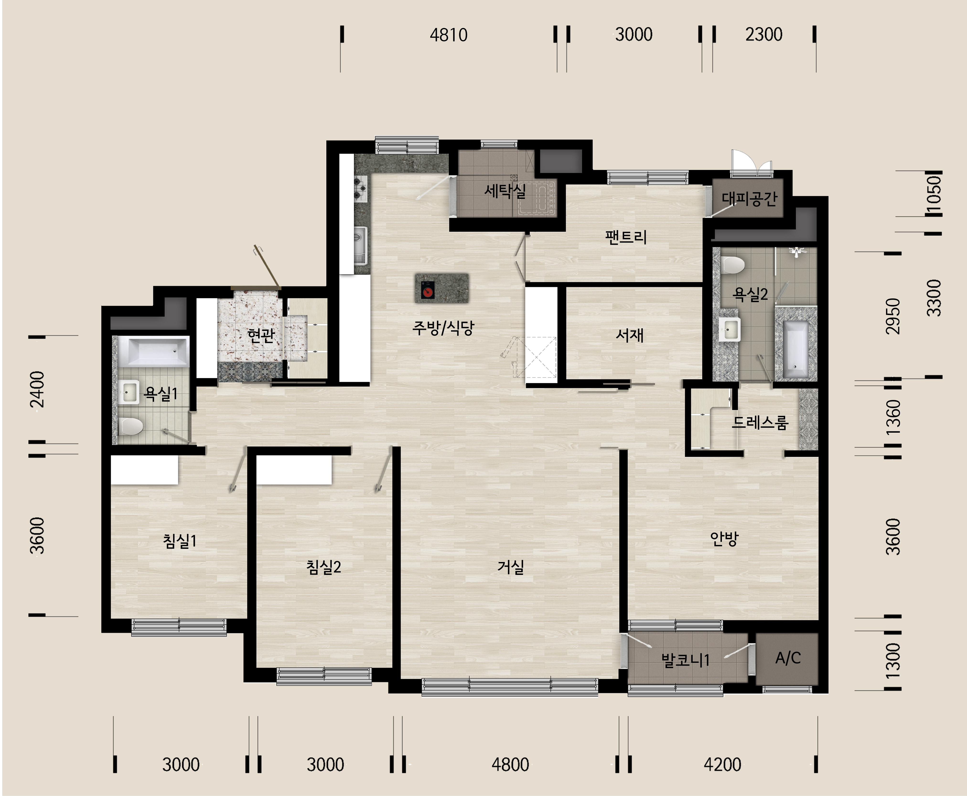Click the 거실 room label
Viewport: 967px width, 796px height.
(x=510, y=567)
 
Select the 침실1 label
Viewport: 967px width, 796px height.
(x=180, y=541)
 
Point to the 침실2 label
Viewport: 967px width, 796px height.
(x=323, y=567)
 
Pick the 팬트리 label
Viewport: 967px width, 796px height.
(x=626, y=237)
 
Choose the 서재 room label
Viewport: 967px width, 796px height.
(x=630, y=335)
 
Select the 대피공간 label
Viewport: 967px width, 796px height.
(x=750, y=198)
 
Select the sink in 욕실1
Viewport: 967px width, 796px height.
(x=130, y=392)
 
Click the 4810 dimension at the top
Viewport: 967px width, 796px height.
(x=449, y=35)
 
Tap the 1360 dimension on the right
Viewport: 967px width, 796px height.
(x=893, y=417)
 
